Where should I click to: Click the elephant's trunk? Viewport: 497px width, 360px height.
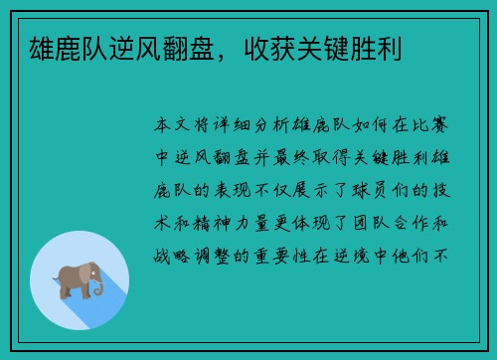coord(97,284)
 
